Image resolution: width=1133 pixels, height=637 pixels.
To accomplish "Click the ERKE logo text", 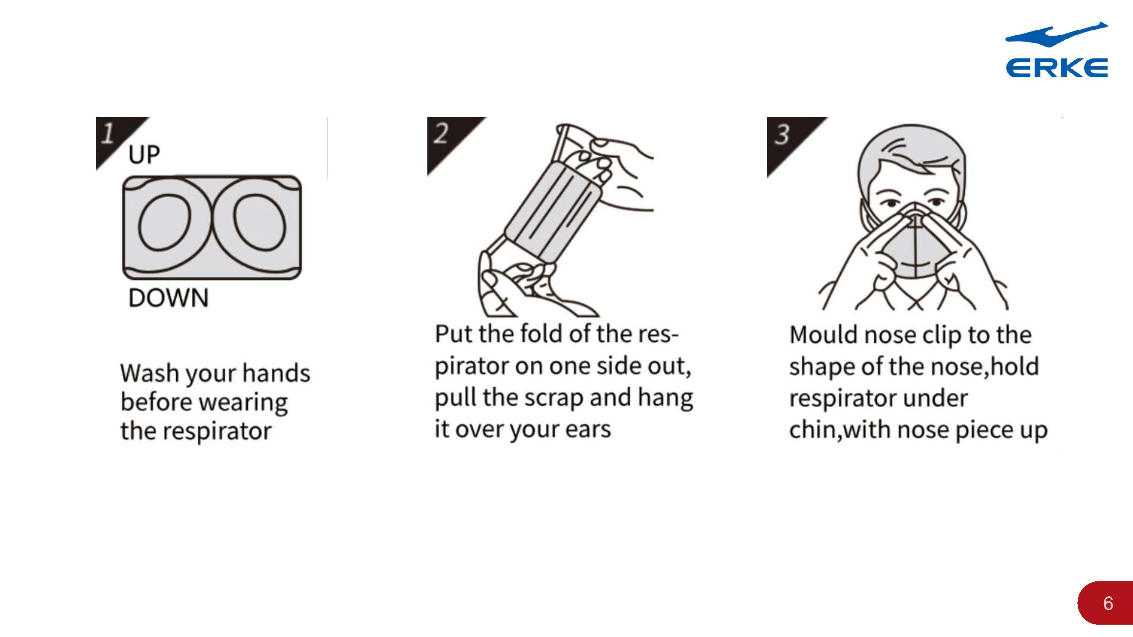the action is pyautogui.click(x=1057, y=68).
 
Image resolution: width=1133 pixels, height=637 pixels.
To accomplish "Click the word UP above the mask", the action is pyautogui.click(x=144, y=155).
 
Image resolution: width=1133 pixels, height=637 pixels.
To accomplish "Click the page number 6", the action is pyautogui.click(x=1108, y=603).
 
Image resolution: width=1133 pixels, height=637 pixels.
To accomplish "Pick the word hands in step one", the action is pyautogui.click(x=276, y=373).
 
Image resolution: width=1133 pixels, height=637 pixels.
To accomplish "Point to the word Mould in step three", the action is pyautogui.click(x=824, y=335).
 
